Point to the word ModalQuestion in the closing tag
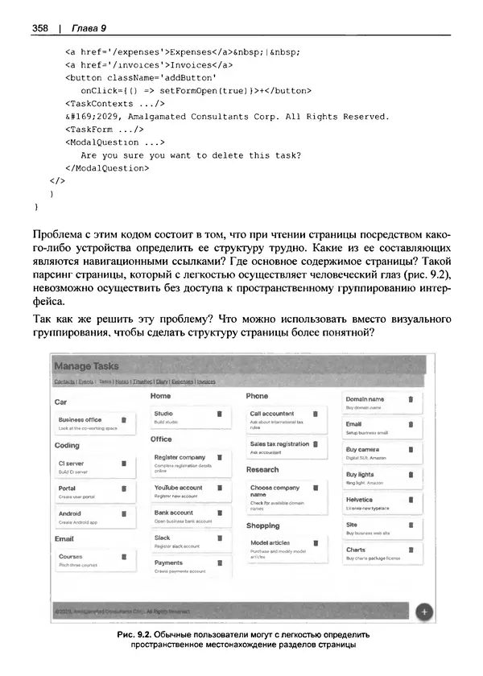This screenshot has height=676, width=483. tap(109, 168)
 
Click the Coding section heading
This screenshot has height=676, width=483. tap(67, 444)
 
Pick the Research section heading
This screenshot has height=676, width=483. tap(262, 469)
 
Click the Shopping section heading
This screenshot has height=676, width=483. tap(262, 525)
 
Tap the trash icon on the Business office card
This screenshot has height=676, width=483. tap(123, 419)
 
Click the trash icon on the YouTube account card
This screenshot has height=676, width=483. tap(219, 488)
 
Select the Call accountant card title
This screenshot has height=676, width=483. tap(272, 413)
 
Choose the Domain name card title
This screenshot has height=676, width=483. tap(365, 399)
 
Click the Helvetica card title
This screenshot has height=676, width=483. tap(360, 499)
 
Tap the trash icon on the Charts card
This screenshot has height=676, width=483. tap(411, 550)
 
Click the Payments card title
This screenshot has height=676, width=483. tap(168, 563)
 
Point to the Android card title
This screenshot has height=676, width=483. tap(70, 513)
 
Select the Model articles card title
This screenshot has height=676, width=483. tap(270, 542)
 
